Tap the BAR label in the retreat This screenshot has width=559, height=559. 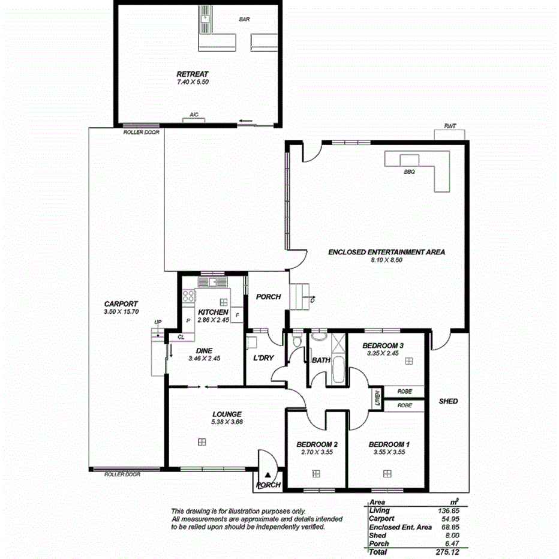coord(244,20)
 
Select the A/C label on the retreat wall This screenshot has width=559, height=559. coord(194,114)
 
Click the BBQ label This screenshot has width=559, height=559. coord(410,171)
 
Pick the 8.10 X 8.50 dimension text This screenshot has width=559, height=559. coord(386,261)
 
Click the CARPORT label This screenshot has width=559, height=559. coord(121,303)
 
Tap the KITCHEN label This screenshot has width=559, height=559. coord(213,312)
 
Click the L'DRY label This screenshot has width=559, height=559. coord(264,358)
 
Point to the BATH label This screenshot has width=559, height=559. coord(321,360)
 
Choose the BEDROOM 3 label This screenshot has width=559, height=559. coord(384,345)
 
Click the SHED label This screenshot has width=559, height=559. coord(448,401)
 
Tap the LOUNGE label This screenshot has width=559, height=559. coord(227,414)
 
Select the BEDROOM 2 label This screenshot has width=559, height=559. coord(316,444)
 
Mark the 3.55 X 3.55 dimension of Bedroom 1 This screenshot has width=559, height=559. coord(384,452)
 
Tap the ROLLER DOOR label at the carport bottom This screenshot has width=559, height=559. coord(122,474)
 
